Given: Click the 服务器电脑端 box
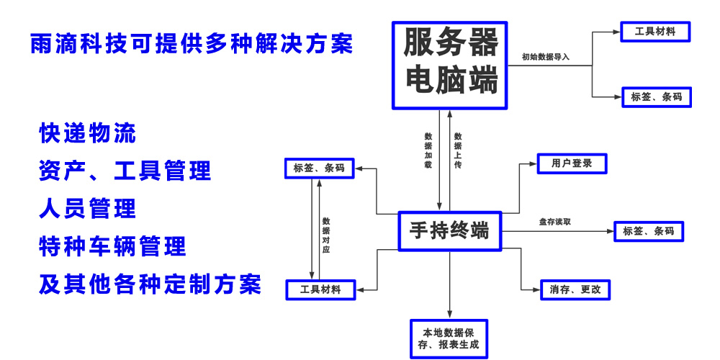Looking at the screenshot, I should pos(451,65).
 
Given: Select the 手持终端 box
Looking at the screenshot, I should pos(450,231).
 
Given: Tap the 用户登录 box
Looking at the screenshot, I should pos(572,163).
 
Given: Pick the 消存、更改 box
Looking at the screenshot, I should pos(570,289).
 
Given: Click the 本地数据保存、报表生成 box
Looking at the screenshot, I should pos(449,339).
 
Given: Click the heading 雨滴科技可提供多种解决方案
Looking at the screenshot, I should pos(192,43).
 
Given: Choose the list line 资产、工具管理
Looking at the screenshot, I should pos(125,171).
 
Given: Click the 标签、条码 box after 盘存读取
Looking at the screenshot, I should pos(649,231).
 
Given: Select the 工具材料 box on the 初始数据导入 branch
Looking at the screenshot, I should pos(655,32).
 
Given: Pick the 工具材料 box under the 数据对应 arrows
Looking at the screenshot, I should pos(322,289).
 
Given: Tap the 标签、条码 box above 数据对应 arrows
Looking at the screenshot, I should pos(320,169).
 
